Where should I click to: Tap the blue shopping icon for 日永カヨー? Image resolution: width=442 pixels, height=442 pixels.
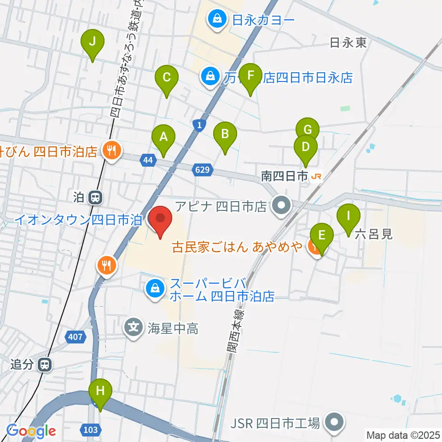pos(215,19)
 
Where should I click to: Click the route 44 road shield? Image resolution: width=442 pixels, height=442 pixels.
pos(147,160)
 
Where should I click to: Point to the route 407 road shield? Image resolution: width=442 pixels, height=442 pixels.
pos(76,337)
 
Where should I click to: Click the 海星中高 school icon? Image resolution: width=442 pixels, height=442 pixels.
pos(134,329)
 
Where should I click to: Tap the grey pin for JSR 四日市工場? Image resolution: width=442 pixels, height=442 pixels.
pos(335,423)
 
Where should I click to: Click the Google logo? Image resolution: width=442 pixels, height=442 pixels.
pos(31,431)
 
